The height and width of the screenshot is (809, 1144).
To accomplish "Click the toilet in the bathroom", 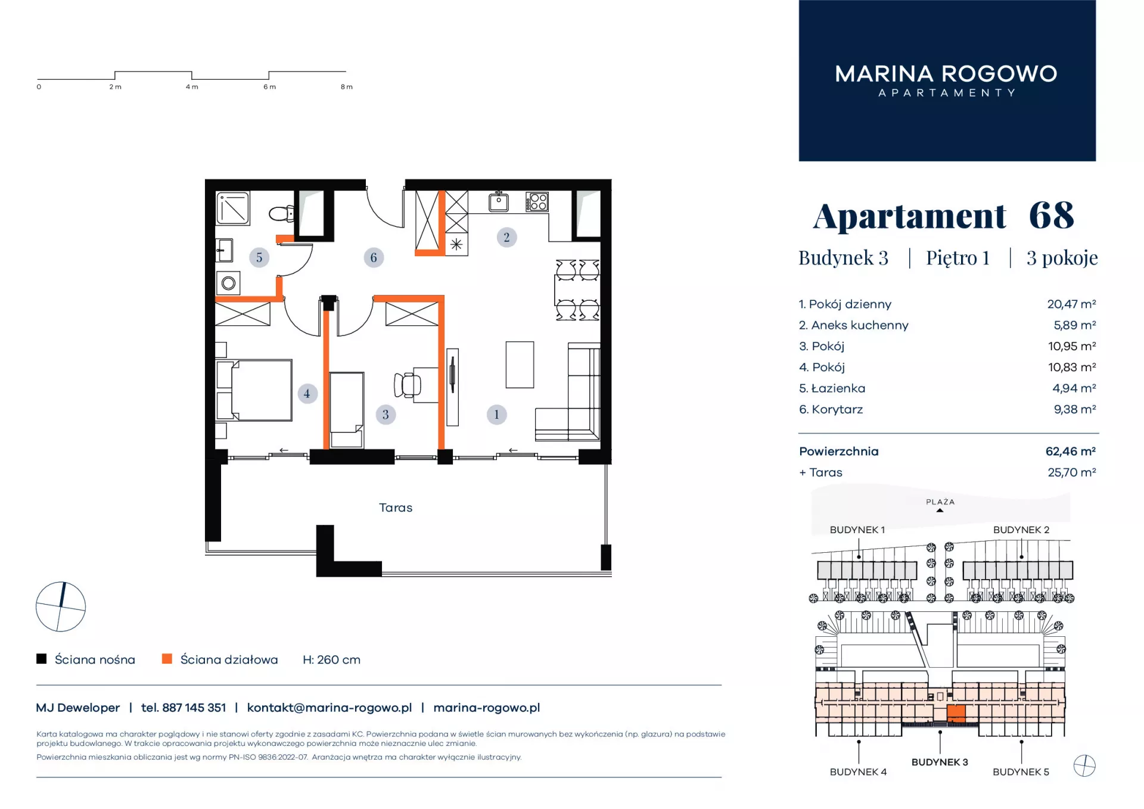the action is pyautogui.click(x=282, y=213).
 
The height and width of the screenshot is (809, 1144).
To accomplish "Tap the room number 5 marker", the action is pyautogui.click(x=259, y=257).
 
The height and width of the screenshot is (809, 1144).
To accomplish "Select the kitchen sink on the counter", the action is pyautogui.click(x=499, y=203).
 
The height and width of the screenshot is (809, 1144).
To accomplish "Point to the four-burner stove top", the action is pyautogui.click(x=537, y=202).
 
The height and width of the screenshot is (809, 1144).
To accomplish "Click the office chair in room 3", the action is pyautogui.click(x=408, y=385).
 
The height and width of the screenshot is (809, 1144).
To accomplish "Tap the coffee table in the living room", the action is pyautogui.click(x=520, y=365).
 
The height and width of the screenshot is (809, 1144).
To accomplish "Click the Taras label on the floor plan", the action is pyautogui.click(x=396, y=508).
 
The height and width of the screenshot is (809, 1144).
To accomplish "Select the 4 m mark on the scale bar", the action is pyautogui.click(x=192, y=87).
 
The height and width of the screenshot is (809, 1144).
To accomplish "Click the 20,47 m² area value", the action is pyautogui.click(x=1071, y=304).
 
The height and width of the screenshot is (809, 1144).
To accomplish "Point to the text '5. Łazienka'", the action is pyautogui.click(x=832, y=388).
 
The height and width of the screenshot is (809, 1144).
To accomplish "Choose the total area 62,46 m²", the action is pyautogui.click(x=1071, y=452).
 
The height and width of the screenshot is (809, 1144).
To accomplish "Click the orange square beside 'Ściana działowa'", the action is pyautogui.click(x=167, y=659).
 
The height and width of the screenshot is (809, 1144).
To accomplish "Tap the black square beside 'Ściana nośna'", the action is pyautogui.click(x=41, y=659).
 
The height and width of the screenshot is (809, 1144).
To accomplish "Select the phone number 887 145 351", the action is pyautogui.click(x=194, y=708).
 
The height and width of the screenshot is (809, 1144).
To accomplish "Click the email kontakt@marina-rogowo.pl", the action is pyautogui.click(x=329, y=708).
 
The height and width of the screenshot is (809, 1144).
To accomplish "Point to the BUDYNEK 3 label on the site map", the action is pyautogui.click(x=940, y=762).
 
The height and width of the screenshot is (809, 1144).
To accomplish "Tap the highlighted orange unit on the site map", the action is pyautogui.click(x=956, y=712).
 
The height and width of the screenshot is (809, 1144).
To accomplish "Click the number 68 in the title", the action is pyautogui.click(x=1052, y=215).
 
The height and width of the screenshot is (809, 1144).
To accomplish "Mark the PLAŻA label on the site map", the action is pyautogui.click(x=940, y=502).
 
